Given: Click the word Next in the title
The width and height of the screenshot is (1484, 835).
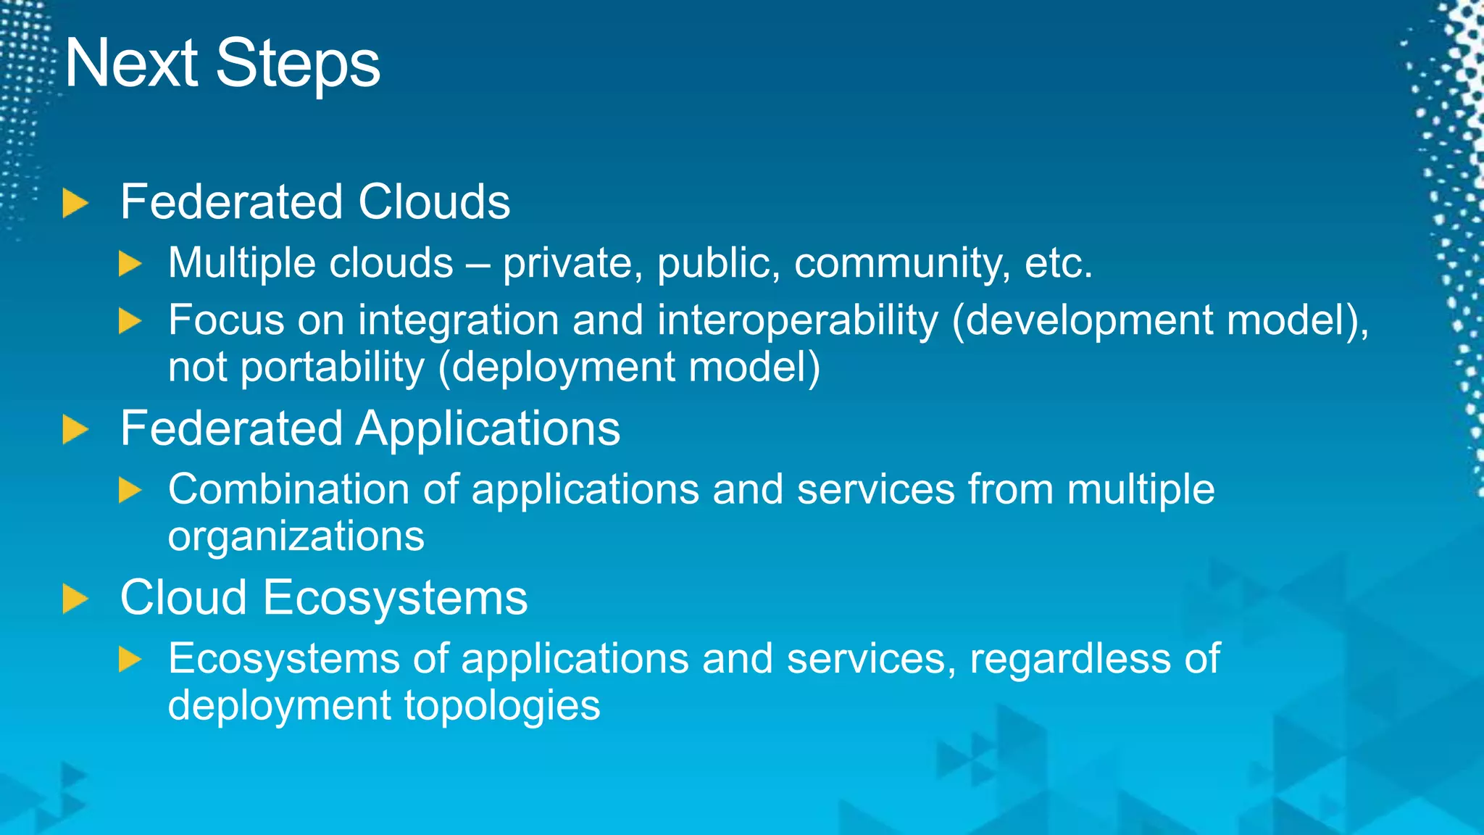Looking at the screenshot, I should tap(131, 64).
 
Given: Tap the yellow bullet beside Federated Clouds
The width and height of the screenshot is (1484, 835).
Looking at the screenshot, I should tap(75, 203).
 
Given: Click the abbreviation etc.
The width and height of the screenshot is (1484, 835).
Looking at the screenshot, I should tap(1058, 264).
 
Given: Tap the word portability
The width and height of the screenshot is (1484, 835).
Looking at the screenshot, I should tap(332, 367).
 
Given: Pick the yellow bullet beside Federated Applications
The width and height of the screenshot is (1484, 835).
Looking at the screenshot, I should tap(75, 430).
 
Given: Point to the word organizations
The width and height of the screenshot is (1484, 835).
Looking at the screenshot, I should tap(296, 536).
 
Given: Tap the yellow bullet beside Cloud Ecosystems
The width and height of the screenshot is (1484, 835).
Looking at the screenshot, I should tap(75, 599).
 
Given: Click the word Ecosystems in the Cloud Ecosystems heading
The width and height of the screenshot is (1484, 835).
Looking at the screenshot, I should tap(395, 598).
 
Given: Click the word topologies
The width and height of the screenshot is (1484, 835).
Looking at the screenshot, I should tap(501, 706).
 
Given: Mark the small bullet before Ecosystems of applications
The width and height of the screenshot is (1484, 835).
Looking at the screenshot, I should tap(130, 660).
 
